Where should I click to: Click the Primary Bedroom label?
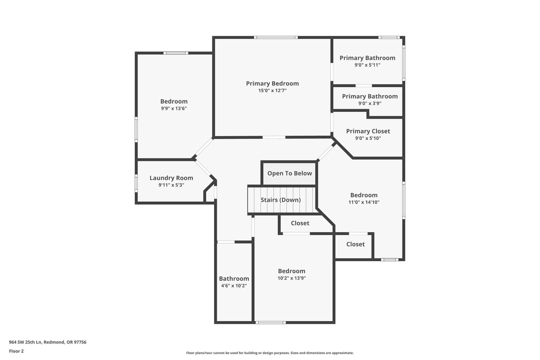click(272, 83)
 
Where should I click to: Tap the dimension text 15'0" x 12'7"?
click(272, 91)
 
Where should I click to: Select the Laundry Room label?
click(172, 178)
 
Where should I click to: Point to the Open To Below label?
click(290, 173)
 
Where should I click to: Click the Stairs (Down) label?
click(281, 200)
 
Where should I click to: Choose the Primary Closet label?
click(368, 131)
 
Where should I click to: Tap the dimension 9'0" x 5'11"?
click(367, 65)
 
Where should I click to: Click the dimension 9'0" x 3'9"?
click(370, 103)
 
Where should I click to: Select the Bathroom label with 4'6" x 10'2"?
click(234, 279)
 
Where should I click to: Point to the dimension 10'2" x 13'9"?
click(292, 278)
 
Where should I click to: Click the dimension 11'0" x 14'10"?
click(364, 202)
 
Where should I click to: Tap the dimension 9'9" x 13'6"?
click(174, 109)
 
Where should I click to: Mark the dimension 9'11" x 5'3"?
click(172, 185)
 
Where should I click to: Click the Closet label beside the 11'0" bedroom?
click(355, 244)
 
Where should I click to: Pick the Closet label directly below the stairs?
click(300, 223)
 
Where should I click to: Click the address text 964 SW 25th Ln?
click(25, 342)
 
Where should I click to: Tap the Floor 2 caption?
click(17, 351)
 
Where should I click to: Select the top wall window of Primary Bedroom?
click(276, 37)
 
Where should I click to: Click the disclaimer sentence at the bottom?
click(270, 353)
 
